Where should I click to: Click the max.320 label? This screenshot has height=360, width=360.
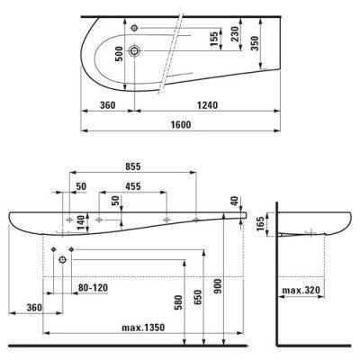point(300,291)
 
